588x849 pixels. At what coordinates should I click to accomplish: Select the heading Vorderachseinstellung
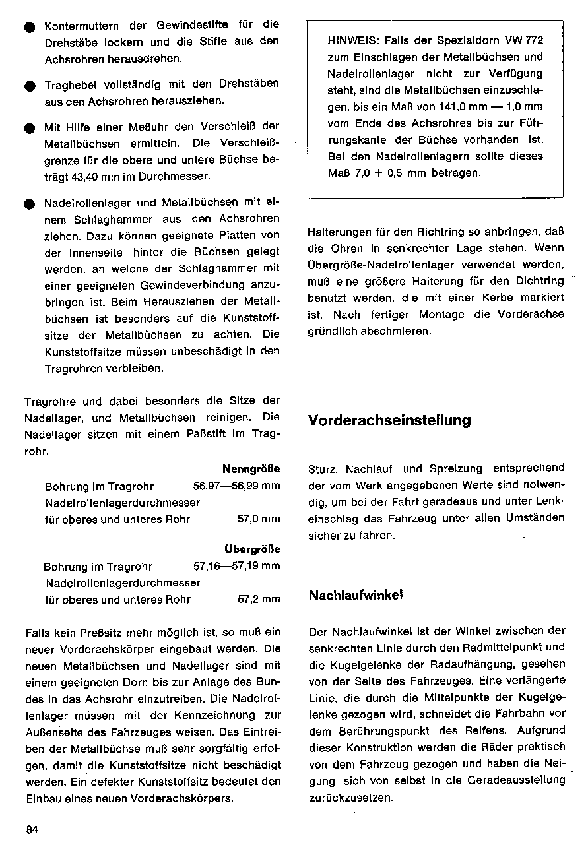pyautogui.click(x=389, y=421)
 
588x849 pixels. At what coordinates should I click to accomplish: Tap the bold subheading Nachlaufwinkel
pyautogui.click(x=356, y=595)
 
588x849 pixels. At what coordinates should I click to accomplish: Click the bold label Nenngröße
pyautogui.click(x=251, y=469)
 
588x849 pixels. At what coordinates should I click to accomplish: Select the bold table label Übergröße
pyautogui.click(x=252, y=549)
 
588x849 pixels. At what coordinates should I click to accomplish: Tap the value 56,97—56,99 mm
pyautogui.click(x=236, y=486)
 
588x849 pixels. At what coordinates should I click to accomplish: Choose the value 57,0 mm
pyautogui.click(x=259, y=519)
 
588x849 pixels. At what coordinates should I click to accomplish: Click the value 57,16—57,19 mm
pyautogui.click(x=236, y=566)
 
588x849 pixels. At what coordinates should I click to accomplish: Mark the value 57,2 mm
pyautogui.click(x=259, y=600)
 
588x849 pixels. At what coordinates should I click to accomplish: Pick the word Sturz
pyautogui.click(x=323, y=469)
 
